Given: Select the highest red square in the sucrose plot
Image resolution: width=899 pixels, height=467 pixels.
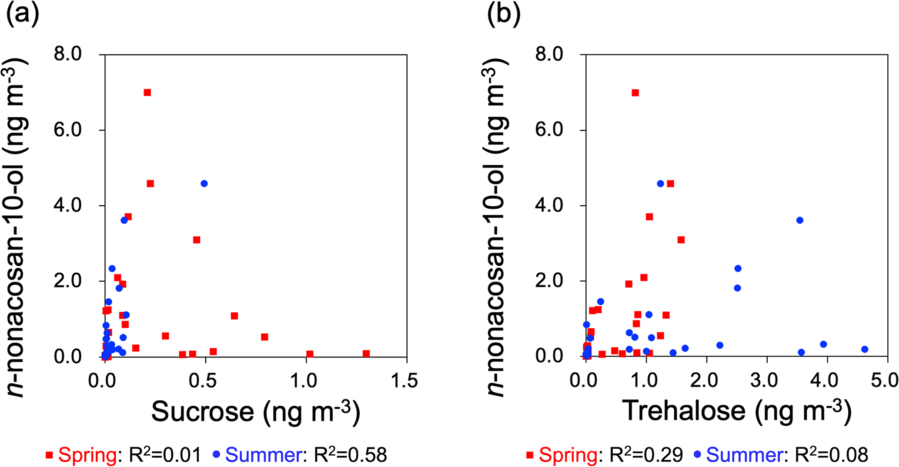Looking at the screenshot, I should [x=147, y=93].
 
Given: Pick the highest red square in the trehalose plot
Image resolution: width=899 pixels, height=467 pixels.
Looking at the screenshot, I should [x=635, y=93].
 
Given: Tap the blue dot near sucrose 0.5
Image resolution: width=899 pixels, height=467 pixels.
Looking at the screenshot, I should [x=204, y=183].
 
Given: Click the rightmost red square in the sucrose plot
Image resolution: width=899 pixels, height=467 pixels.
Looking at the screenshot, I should [x=366, y=354].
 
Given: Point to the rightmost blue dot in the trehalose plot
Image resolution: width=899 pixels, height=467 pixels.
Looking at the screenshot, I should [x=865, y=349].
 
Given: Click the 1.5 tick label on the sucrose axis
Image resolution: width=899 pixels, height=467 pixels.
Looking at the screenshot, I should [x=404, y=381].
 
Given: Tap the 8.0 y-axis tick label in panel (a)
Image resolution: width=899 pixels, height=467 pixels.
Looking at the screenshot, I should [x=68, y=54].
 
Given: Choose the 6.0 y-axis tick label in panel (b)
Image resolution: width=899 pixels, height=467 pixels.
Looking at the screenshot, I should [x=549, y=130].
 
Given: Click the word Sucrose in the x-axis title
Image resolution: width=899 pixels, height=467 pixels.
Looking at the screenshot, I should [x=203, y=411].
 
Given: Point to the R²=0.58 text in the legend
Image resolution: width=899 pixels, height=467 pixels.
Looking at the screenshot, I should [x=350, y=455].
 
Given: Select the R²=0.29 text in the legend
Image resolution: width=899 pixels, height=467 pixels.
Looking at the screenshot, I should [x=646, y=455].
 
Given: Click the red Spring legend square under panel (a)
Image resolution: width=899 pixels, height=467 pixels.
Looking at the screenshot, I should [x=50, y=455].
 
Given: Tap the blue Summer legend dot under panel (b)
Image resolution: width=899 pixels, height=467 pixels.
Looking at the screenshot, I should [x=698, y=455].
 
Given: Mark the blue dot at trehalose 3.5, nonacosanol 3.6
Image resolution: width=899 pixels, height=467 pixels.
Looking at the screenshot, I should [x=799, y=220].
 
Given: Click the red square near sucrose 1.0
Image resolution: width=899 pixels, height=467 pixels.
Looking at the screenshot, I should [x=310, y=354].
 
